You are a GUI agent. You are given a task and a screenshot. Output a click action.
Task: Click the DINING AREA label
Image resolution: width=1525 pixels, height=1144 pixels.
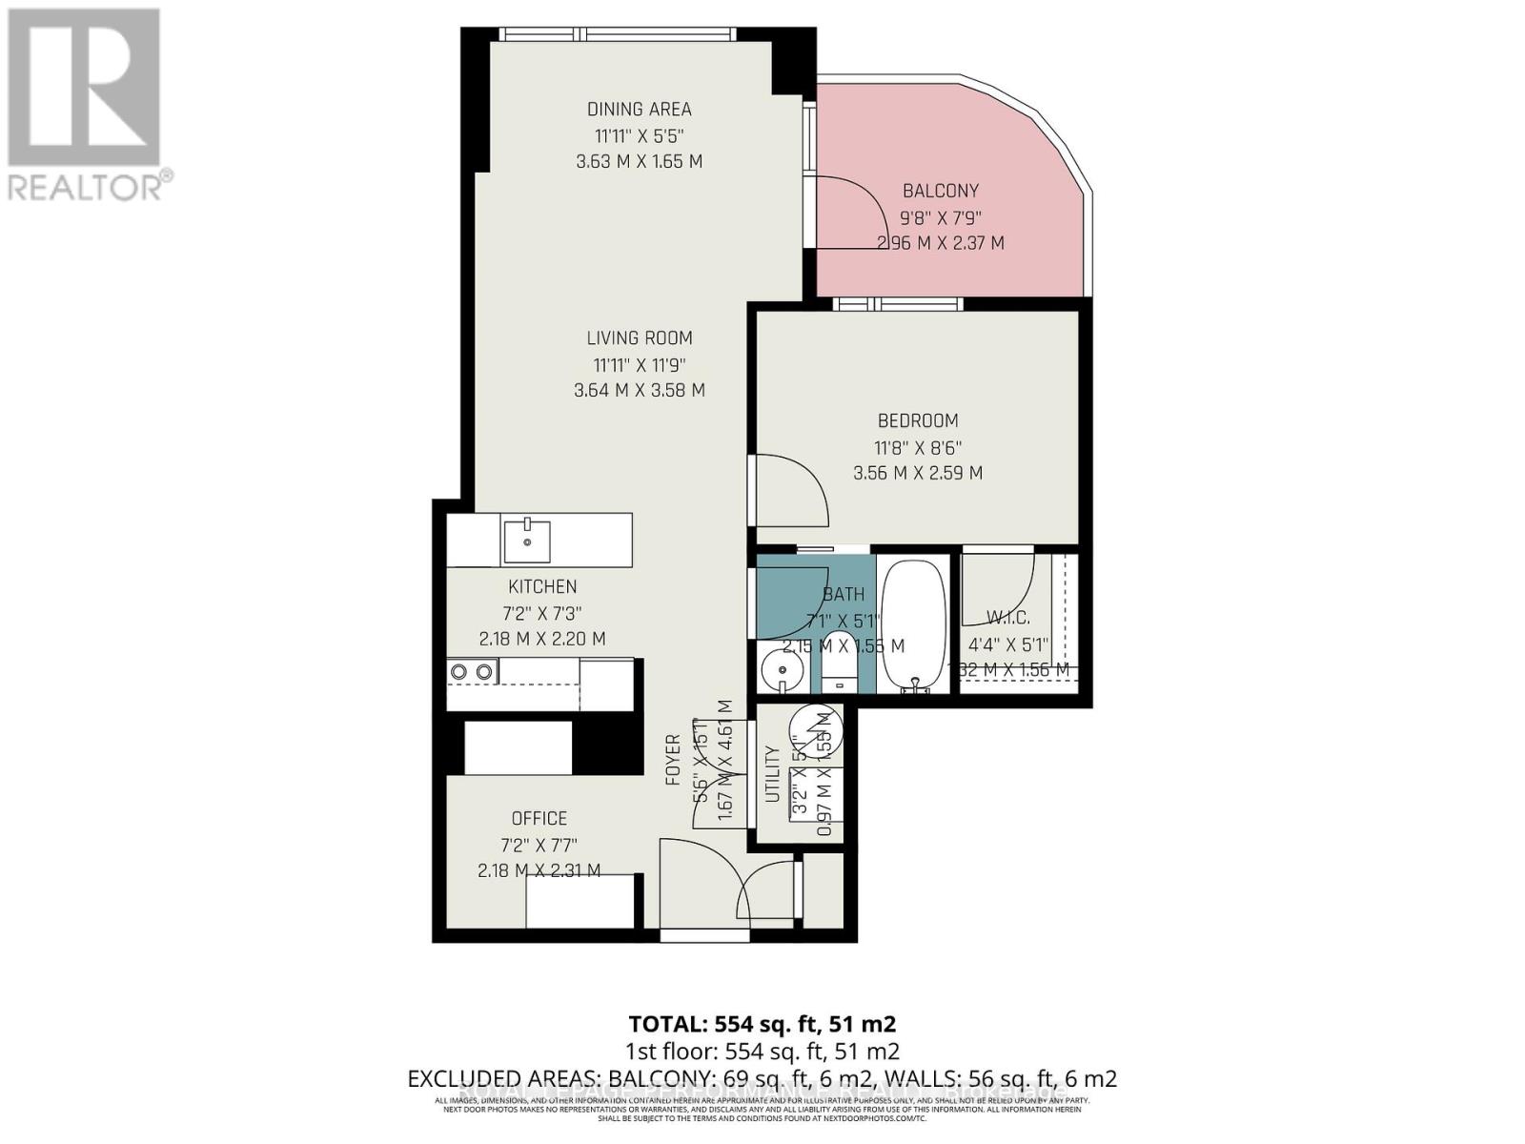[639, 109]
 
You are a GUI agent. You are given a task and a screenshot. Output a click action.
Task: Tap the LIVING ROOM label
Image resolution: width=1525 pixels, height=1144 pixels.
[639, 337]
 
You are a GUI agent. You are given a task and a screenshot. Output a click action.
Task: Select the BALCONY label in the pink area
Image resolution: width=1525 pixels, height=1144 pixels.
[940, 191]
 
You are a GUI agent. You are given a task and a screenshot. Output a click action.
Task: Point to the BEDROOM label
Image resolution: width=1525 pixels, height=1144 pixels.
[917, 420]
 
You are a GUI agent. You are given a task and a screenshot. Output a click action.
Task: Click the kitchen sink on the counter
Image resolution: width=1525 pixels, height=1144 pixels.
[527, 540]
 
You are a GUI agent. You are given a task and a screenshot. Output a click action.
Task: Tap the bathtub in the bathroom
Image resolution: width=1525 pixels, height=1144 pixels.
[913, 624]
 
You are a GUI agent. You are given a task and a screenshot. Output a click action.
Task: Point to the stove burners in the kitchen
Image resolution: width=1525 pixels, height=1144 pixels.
[473, 672]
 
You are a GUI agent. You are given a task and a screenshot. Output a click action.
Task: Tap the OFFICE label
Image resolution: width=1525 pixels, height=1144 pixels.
[539, 818]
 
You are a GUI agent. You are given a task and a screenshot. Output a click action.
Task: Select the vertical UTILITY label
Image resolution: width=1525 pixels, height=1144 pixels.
[772, 774]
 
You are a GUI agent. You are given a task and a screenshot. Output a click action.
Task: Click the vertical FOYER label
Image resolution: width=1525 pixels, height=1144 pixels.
[673, 760]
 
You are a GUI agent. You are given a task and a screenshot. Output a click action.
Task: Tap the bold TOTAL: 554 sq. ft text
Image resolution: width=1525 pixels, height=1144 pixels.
[762, 1024]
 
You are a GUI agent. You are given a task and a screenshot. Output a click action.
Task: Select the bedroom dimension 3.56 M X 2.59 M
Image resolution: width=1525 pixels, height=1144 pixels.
[917, 473]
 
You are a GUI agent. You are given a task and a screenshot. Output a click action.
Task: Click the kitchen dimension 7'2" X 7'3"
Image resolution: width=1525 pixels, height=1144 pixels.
[542, 613]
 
